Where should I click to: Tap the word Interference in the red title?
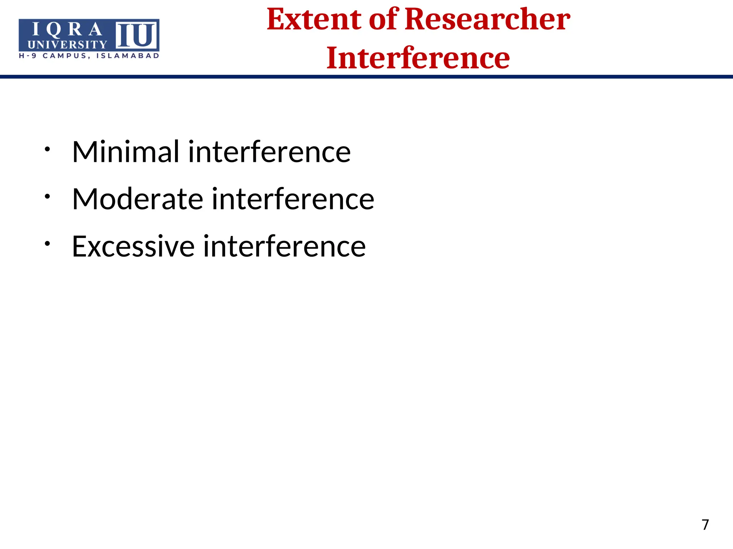(418, 58)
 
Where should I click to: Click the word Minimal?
(125, 152)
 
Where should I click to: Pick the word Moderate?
(137, 199)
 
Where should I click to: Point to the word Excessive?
(133, 246)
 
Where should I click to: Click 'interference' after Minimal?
(269, 152)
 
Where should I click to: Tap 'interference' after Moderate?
(293, 199)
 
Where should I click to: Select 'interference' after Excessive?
(285, 246)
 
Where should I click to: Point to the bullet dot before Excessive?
(47, 243)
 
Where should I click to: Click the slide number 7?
(705, 525)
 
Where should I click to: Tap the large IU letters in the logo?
(136, 35)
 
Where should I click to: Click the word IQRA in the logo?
(67, 30)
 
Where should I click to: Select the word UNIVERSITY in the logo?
(67, 45)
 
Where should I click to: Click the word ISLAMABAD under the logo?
(127, 56)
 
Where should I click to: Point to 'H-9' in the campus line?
(28, 56)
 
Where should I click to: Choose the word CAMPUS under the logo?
(66, 56)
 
